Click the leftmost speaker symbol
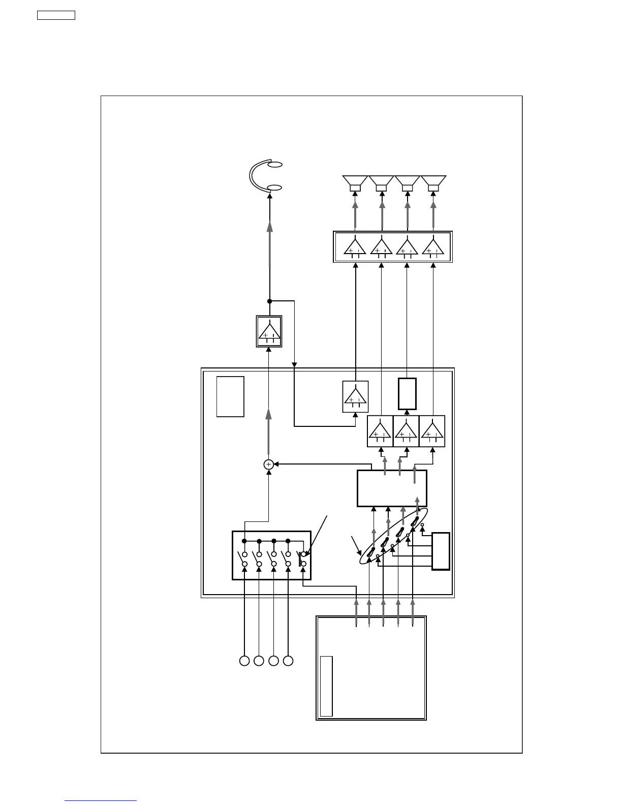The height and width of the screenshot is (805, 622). (x=355, y=183)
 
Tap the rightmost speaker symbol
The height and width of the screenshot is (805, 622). (x=433, y=183)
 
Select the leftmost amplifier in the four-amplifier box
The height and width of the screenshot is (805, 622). (x=355, y=246)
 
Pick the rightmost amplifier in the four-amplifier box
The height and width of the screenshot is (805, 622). (x=433, y=246)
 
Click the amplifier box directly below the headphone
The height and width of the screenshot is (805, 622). (x=269, y=331)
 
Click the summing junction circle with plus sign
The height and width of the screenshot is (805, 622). (x=269, y=464)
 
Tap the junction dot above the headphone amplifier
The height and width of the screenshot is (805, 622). (x=270, y=301)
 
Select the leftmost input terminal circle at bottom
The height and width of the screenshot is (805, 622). (x=244, y=661)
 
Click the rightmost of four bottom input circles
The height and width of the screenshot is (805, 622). (x=288, y=661)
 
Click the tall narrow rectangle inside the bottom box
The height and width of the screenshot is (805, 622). (x=326, y=686)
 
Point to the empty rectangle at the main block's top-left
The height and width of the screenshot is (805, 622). (x=230, y=396)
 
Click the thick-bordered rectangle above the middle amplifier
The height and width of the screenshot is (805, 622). (x=407, y=393)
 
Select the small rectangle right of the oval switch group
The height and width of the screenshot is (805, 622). (x=441, y=551)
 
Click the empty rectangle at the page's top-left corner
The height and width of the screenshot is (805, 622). (x=56, y=15)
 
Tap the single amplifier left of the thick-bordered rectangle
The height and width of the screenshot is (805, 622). (x=355, y=396)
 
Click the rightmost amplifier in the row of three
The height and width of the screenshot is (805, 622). (x=432, y=431)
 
